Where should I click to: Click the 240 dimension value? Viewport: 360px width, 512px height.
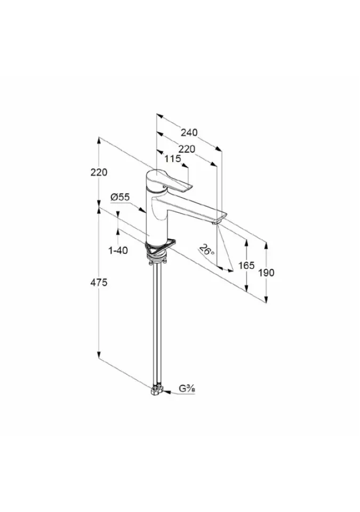click(x=189, y=133)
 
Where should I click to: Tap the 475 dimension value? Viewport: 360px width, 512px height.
click(x=99, y=283)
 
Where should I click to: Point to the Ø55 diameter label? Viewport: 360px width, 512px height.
click(x=120, y=197)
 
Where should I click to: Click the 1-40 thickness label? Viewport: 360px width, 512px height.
click(x=118, y=251)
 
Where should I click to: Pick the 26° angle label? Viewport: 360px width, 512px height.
click(x=207, y=250)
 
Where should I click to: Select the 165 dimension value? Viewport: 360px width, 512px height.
click(x=246, y=266)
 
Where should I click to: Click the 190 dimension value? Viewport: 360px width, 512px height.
click(x=267, y=273)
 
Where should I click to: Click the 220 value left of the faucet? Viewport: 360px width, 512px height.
click(x=99, y=172)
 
